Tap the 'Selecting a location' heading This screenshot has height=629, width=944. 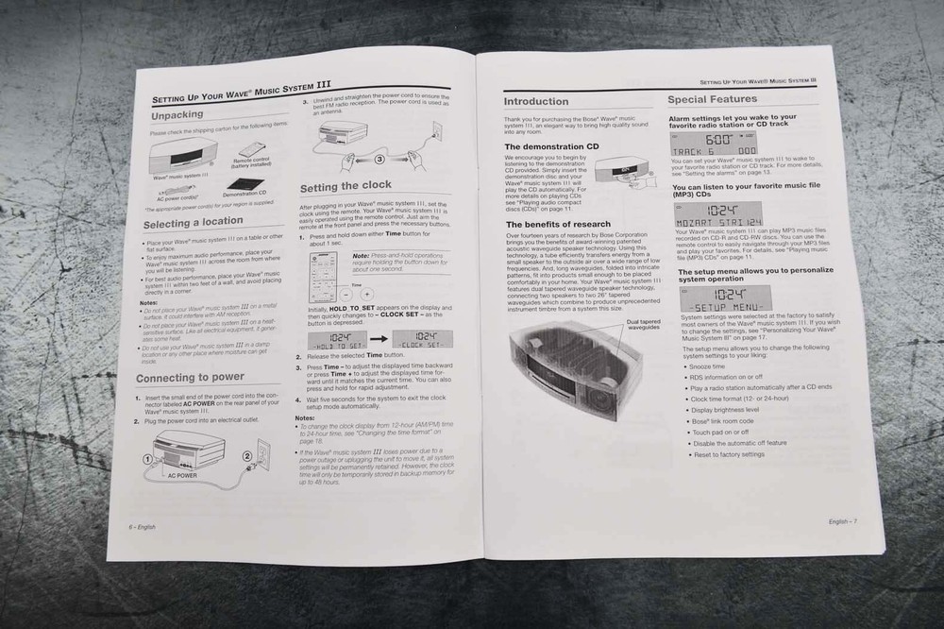(x=193, y=224)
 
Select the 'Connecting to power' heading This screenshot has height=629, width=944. (x=190, y=378)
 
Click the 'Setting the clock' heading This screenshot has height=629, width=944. (x=346, y=186)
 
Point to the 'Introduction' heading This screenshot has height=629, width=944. (x=536, y=101)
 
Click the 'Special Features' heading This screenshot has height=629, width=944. (x=712, y=98)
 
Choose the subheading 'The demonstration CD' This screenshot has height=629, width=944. (x=551, y=147)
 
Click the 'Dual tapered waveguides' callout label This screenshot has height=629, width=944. (x=644, y=325)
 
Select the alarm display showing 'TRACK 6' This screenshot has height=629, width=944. (x=714, y=144)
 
